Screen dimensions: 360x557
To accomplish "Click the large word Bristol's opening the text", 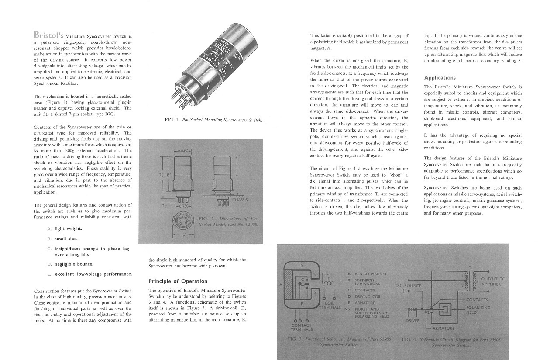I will point(49,35).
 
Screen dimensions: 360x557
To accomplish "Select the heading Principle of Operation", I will point(178,281).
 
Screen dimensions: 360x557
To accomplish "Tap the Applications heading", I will point(440,78).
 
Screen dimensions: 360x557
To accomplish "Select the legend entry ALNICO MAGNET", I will point(370,273).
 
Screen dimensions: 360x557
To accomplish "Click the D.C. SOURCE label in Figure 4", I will point(408,286).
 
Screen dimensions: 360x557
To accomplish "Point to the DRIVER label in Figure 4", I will point(413,321).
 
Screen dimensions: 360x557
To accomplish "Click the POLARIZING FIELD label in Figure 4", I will point(478,310).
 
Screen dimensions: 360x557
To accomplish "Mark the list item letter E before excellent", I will point(49,274).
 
